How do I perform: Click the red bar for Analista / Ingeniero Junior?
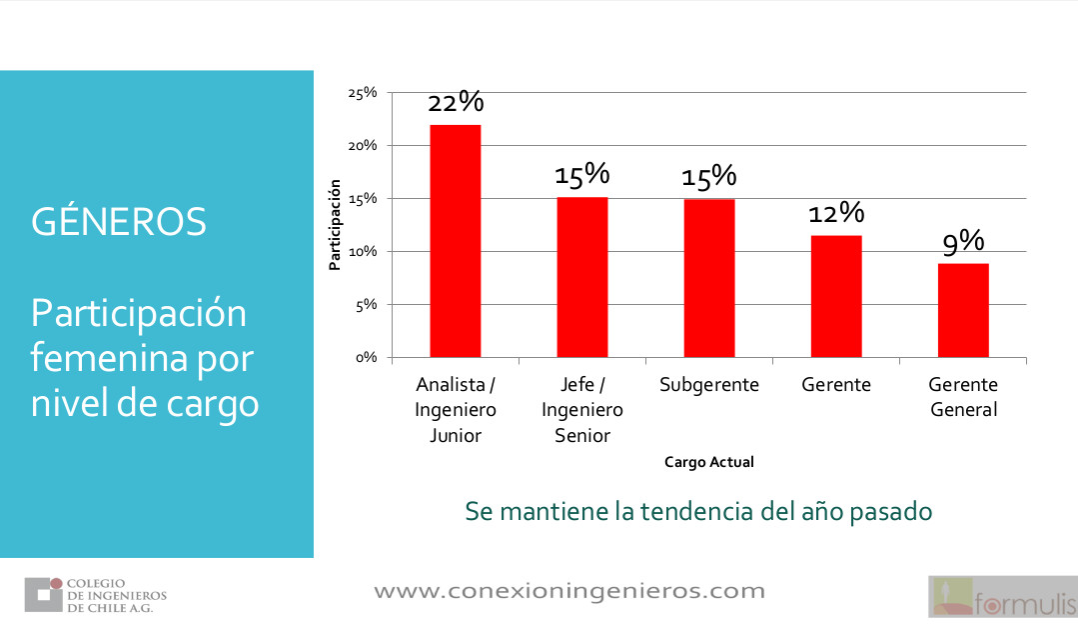click(456, 240)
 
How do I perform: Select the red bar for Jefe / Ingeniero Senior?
click(582, 276)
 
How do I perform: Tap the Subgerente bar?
click(709, 277)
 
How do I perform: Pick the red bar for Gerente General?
click(963, 309)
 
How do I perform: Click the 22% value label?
click(456, 102)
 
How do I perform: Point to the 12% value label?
click(837, 213)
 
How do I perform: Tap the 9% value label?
click(964, 241)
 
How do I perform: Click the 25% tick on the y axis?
click(362, 93)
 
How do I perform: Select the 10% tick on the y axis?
click(362, 251)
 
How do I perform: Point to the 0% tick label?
click(365, 357)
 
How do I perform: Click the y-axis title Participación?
click(336, 225)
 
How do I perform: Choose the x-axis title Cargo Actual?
click(709, 462)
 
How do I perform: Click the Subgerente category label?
click(709, 385)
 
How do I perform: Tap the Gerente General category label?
click(963, 397)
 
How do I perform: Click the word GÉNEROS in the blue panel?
click(119, 222)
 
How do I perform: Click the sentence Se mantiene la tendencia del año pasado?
click(698, 511)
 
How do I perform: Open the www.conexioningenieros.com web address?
click(569, 591)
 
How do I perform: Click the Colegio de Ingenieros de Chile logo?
click(96, 595)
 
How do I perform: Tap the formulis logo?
click(1002, 597)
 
